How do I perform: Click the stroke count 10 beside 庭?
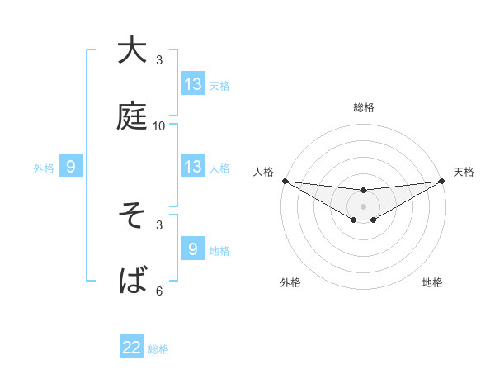pyautogui.click(x=159, y=126)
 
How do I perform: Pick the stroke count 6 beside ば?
pyautogui.click(x=159, y=291)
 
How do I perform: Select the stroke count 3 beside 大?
pyautogui.click(x=159, y=60)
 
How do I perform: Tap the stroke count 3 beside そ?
pyautogui.click(x=159, y=225)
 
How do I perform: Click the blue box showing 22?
pyautogui.click(x=132, y=348)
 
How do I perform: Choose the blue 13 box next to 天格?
pyautogui.click(x=193, y=84)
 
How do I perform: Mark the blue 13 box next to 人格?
pyautogui.click(x=193, y=167)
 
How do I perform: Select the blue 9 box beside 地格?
pyautogui.click(x=193, y=249)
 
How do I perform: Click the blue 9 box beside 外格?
pyautogui.click(x=71, y=168)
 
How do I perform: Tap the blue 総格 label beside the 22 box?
pyautogui.click(x=158, y=349)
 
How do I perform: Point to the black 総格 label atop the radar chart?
pyautogui.click(x=364, y=107)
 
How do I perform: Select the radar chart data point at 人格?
pyautogui.click(x=285, y=181)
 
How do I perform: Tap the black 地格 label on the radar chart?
pyautogui.click(x=432, y=282)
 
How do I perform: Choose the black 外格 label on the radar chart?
pyautogui.click(x=291, y=282)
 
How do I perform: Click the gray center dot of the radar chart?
pyautogui.click(x=364, y=206)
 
